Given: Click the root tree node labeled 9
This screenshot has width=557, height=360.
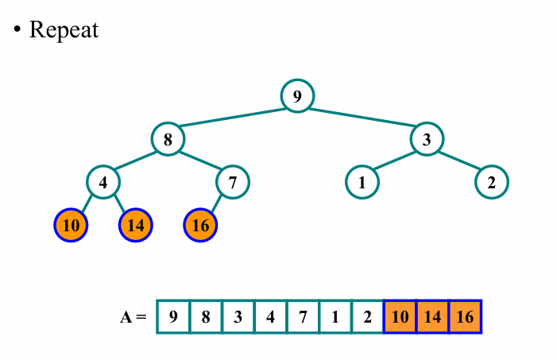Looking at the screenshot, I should (297, 96).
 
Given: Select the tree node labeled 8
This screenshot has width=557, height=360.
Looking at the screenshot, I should (168, 139).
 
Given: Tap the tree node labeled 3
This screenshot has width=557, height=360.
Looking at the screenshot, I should (427, 139).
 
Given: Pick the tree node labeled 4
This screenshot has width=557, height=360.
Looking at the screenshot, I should (103, 182).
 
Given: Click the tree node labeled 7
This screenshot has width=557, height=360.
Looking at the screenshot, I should (233, 182).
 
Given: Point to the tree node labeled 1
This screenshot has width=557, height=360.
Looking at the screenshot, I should (362, 182).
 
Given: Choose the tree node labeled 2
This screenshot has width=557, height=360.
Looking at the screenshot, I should (492, 182).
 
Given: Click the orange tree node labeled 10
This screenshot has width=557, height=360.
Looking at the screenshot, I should (72, 225).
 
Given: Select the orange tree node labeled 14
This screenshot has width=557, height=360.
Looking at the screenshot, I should (136, 225).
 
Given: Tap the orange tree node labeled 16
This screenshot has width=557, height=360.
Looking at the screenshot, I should (200, 225).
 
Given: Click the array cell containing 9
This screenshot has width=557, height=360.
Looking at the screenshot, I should (173, 316).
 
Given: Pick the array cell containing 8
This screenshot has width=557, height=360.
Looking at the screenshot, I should (206, 316).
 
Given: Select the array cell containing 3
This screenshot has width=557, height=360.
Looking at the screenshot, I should (238, 316).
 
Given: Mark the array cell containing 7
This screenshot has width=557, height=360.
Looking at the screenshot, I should (303, 316).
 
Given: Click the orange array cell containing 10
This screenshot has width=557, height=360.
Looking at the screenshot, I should (400, 316).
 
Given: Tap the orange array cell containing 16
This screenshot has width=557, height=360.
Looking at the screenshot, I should (466, 316).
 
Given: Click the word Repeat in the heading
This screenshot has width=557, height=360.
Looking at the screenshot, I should (64, 30).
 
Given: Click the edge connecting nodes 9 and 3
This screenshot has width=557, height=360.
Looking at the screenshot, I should (362, 118).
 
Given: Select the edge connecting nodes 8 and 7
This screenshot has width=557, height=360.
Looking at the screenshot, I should (200, 161).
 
